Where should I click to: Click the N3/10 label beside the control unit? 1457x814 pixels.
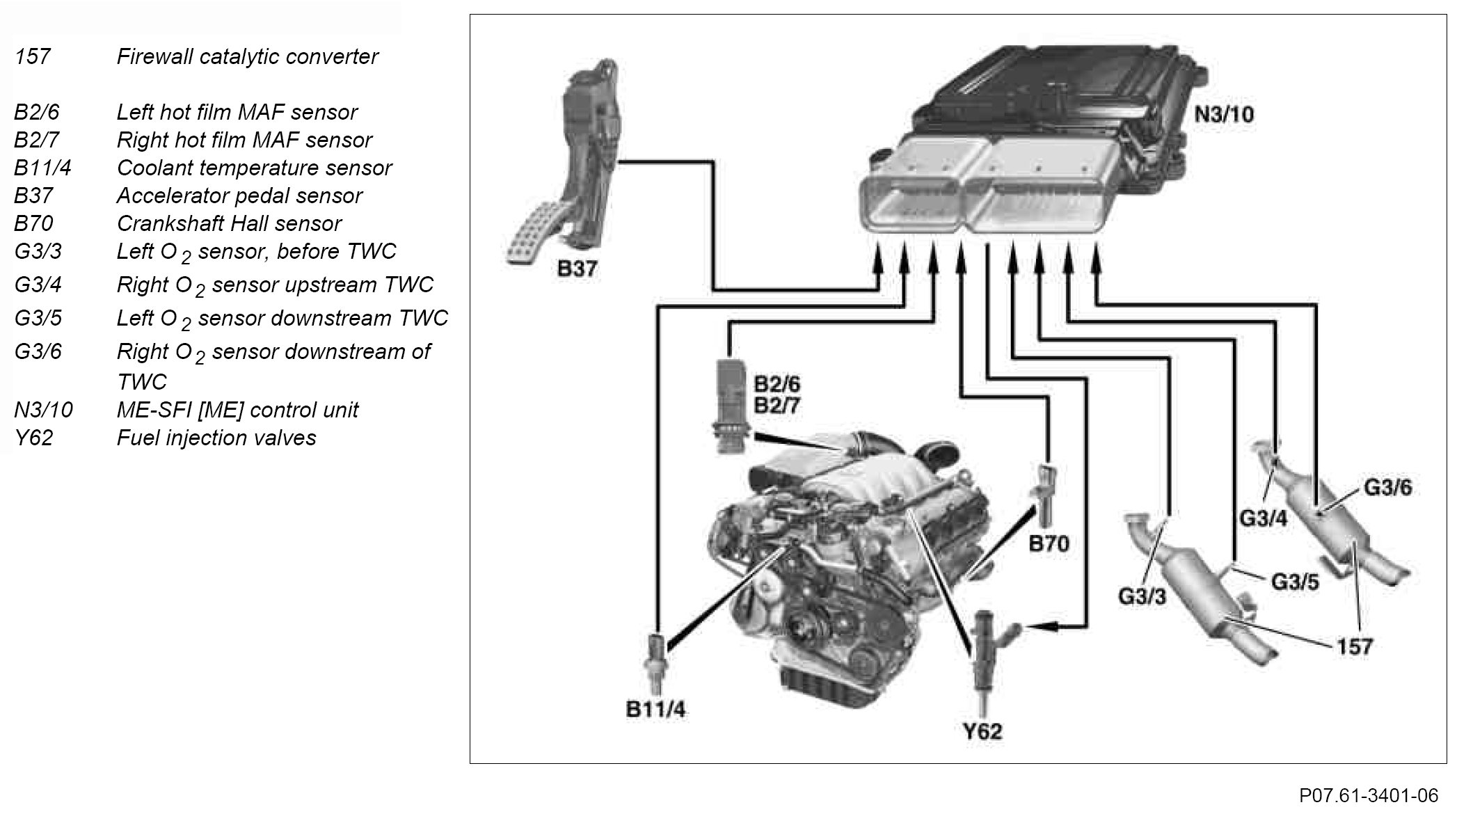[x=1224, y=113]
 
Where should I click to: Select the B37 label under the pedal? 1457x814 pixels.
[x=577, y=269]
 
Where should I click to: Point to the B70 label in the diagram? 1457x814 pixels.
[x=1049, y=543]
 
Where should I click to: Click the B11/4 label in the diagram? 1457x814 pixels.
[x=655, y=710]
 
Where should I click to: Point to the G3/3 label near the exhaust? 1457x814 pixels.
[x=1141, y=596]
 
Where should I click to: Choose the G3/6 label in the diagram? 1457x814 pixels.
[x=1387, y=488]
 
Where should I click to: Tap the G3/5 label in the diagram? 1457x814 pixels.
[x=1295, y=582]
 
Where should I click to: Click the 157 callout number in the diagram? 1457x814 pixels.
[x=1354, y=647]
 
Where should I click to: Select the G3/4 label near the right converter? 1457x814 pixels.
[x=1264, y=518]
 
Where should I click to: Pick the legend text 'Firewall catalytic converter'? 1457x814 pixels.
[x=247, y=56]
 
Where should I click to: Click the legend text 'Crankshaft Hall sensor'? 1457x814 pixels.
[x=229, y=223]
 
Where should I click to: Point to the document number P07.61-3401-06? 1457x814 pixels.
[x=1368, y=795]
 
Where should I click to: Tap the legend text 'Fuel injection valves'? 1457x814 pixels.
[x=216, y=438]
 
